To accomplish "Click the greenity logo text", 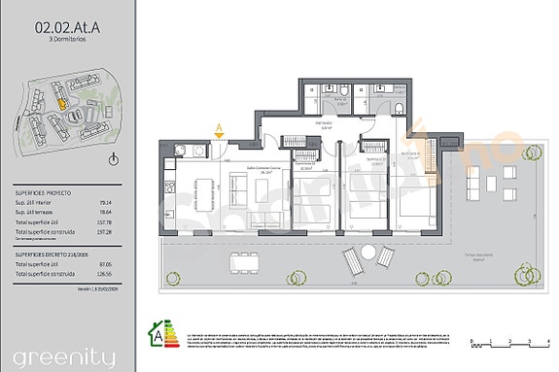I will pyautogui.click(x=58, y=353).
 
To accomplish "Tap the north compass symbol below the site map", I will pyautogui.click(x=114, y=159).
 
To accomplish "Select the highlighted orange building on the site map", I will pyautogui.click(x=60, y=98).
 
